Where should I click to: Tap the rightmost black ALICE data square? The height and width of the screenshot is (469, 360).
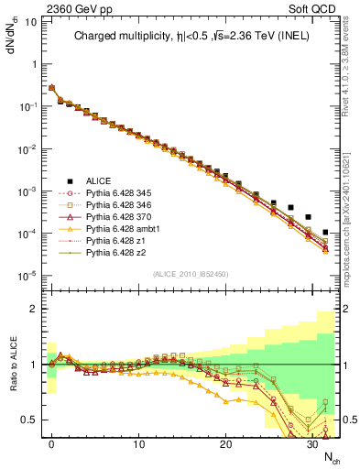tap(326, 233)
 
